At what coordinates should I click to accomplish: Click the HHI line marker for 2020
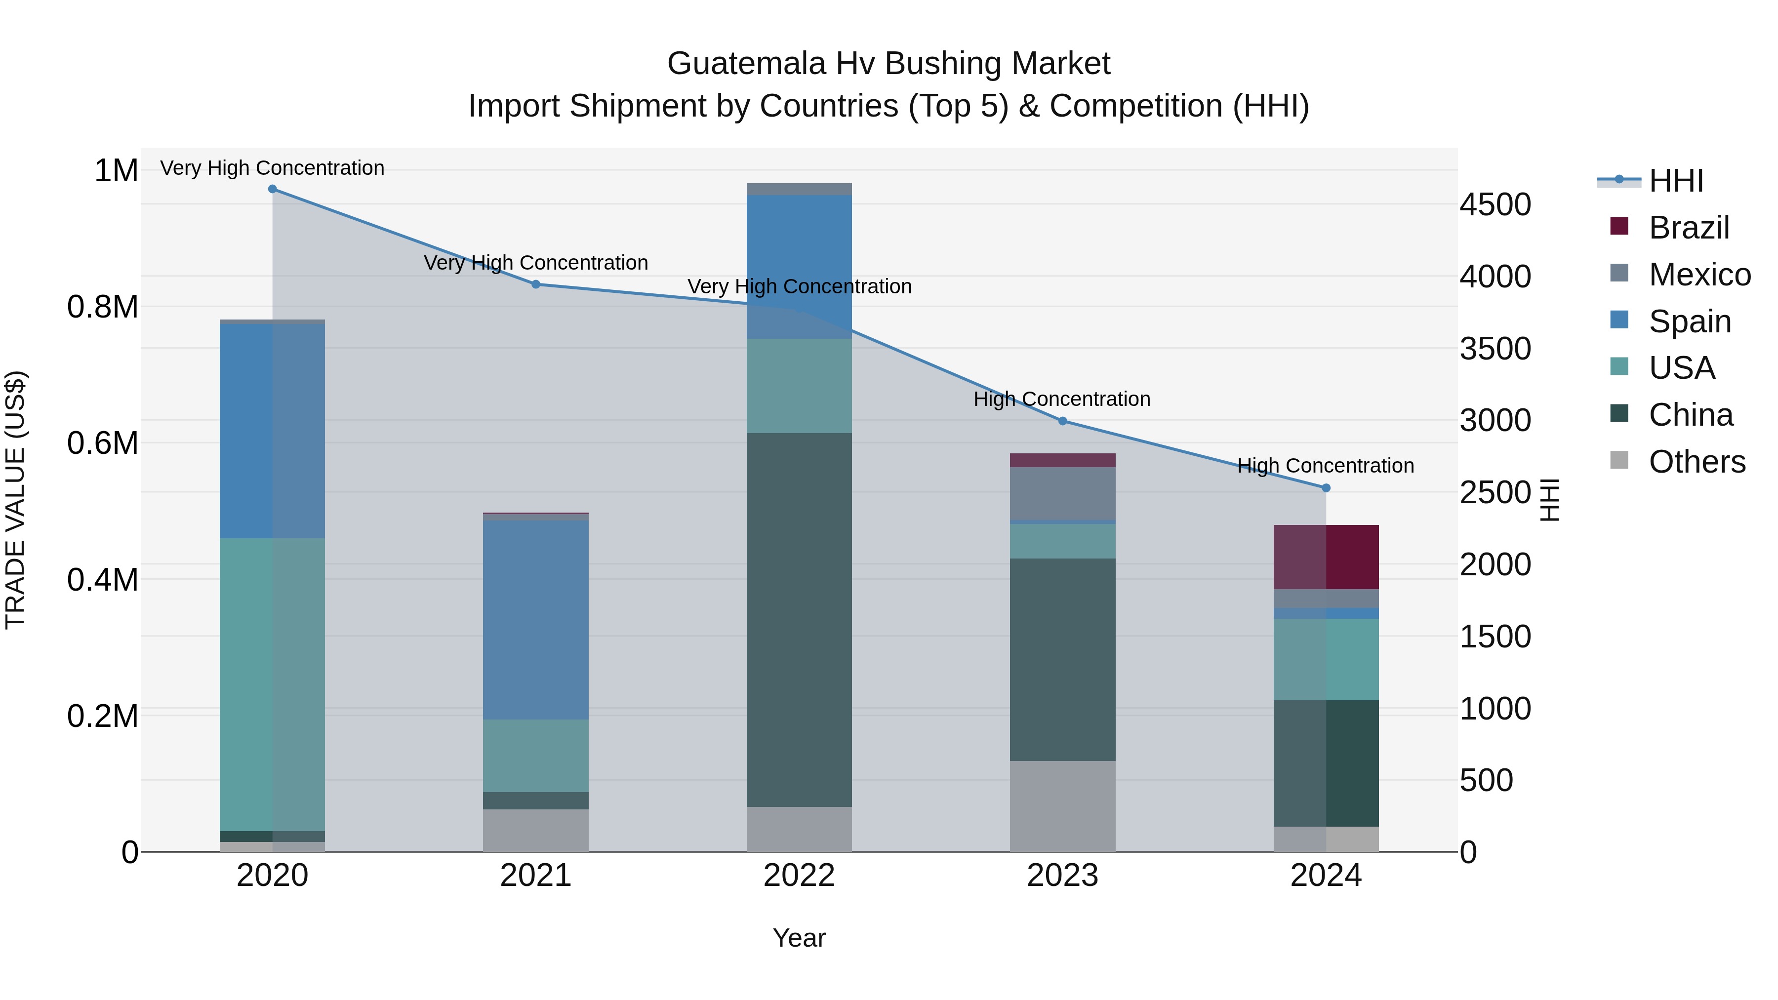272,189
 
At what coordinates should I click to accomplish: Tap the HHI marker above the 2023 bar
1063,421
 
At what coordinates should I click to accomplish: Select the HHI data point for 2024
1326,488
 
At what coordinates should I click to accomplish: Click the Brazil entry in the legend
1688,228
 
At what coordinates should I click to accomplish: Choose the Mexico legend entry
1699,275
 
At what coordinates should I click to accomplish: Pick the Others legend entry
1697,462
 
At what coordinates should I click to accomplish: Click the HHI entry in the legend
1676,181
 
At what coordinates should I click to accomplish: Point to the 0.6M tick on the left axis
102,443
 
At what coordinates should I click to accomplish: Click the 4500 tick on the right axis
1495,204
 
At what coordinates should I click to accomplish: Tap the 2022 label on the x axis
799,876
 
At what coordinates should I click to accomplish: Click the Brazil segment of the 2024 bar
1326,557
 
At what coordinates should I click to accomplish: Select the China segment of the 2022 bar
799,619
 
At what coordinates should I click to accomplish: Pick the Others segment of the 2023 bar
1063,805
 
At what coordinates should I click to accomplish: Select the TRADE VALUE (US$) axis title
15,500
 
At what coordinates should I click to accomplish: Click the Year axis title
799,938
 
